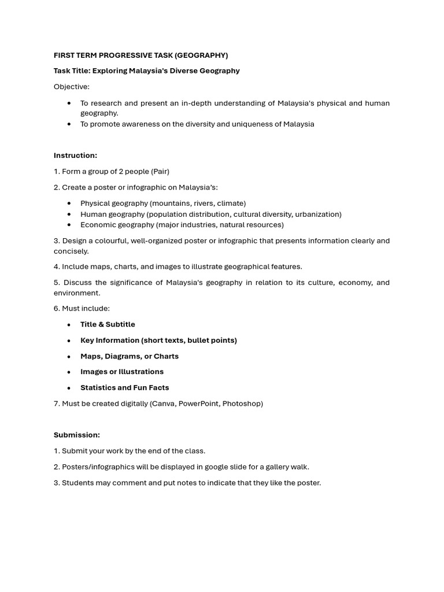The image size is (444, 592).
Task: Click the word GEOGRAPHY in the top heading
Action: coord(202,55)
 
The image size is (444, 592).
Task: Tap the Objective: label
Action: coord(72,87)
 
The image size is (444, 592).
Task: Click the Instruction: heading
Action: coord(75,156)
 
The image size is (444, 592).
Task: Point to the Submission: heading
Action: coord(77,435)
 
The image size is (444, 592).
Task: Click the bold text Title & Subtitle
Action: coord(108,324)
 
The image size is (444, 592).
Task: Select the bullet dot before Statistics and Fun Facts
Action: coord(69,388)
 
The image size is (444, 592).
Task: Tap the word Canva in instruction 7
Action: coord(163,404)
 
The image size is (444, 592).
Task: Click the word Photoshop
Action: coord(242,404)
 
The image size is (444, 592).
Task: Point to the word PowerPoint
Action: coord(198,404)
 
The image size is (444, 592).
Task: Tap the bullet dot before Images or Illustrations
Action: coord(69,372)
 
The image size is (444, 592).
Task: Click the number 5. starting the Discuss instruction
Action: coord(57,283)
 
